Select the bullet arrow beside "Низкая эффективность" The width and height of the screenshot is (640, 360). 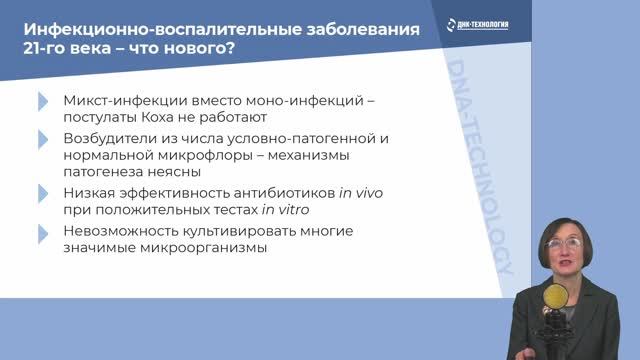click(42, 194)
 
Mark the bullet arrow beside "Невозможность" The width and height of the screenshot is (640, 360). click(42, 233)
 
